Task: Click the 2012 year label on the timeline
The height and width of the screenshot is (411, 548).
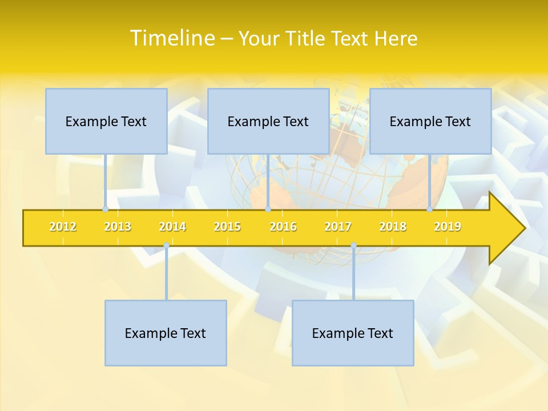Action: pyautogui.click(x=63, y=227)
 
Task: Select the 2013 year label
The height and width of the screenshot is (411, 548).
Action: pyautogui.click(x=118, y=227)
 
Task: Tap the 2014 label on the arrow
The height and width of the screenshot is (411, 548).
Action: pyautogui.click(x=172, y=227)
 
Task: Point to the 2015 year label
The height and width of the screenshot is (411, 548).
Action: pyautogui.click(x=227, y=227)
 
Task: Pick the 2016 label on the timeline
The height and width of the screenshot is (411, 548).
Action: pyautogui.click(x=283, y=227)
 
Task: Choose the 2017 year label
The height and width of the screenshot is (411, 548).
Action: pyautogui.click(x=338, y=227)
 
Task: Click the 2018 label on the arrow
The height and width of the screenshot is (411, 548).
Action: pyautogui.click(x=393, y=227)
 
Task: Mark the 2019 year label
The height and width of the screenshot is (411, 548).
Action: pyautogui.click(x=448, y=227)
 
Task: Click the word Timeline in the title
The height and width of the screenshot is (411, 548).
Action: pyautogui.click(x=172, y=38)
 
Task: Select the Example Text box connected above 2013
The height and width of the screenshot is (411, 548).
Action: pyautogui.click(x=106, y=121)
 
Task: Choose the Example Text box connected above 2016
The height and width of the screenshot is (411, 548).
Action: pyautogui.click(x=268, y=121)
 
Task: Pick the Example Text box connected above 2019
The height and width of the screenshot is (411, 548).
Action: pyautogui.click(x=430, y=121)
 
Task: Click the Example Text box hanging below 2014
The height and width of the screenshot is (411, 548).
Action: pyautogui.click(x=166, y=333)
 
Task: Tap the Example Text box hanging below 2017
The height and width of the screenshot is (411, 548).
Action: pyautogui.click(x=353, y=333)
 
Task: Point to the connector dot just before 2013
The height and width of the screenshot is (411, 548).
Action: pyautogui.click(x=105, y=209)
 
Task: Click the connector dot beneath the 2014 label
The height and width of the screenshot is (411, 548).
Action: pyautogui.click(x=166, y=245)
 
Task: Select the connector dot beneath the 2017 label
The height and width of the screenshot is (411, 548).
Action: pyautogui.click(x=353, y=245)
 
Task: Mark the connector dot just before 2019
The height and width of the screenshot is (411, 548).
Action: pyautogui.click(x=429, y=209)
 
